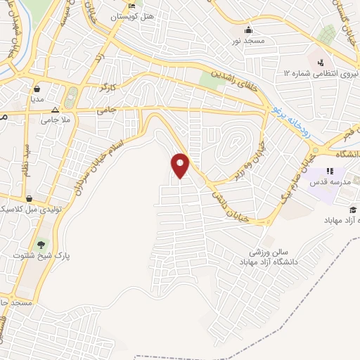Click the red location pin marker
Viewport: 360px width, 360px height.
click(x=181, y=165)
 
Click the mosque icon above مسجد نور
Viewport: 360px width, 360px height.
click(x=247, y=30)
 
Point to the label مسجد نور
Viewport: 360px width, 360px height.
click(x=248, y=40)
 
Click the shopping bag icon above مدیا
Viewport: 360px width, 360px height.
click(x=36, y=89)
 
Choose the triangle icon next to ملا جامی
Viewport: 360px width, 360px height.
click(x=56, y=110)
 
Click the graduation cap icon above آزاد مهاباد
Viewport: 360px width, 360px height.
click(x=352, y=210)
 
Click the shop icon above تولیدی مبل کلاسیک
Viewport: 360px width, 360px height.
click(x=30, y=199)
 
